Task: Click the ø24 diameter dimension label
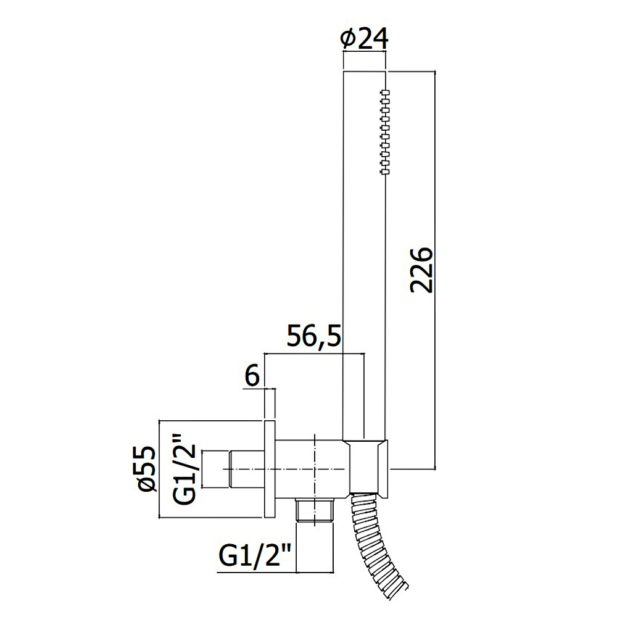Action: coord(364,38)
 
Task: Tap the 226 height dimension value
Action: coord(421,270)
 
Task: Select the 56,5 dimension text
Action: coord(313,335)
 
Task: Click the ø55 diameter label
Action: coord(148,469)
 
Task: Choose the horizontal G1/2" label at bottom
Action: coord(254,556)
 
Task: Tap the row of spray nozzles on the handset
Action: coord(385,132)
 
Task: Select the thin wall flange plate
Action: coord(269,469)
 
